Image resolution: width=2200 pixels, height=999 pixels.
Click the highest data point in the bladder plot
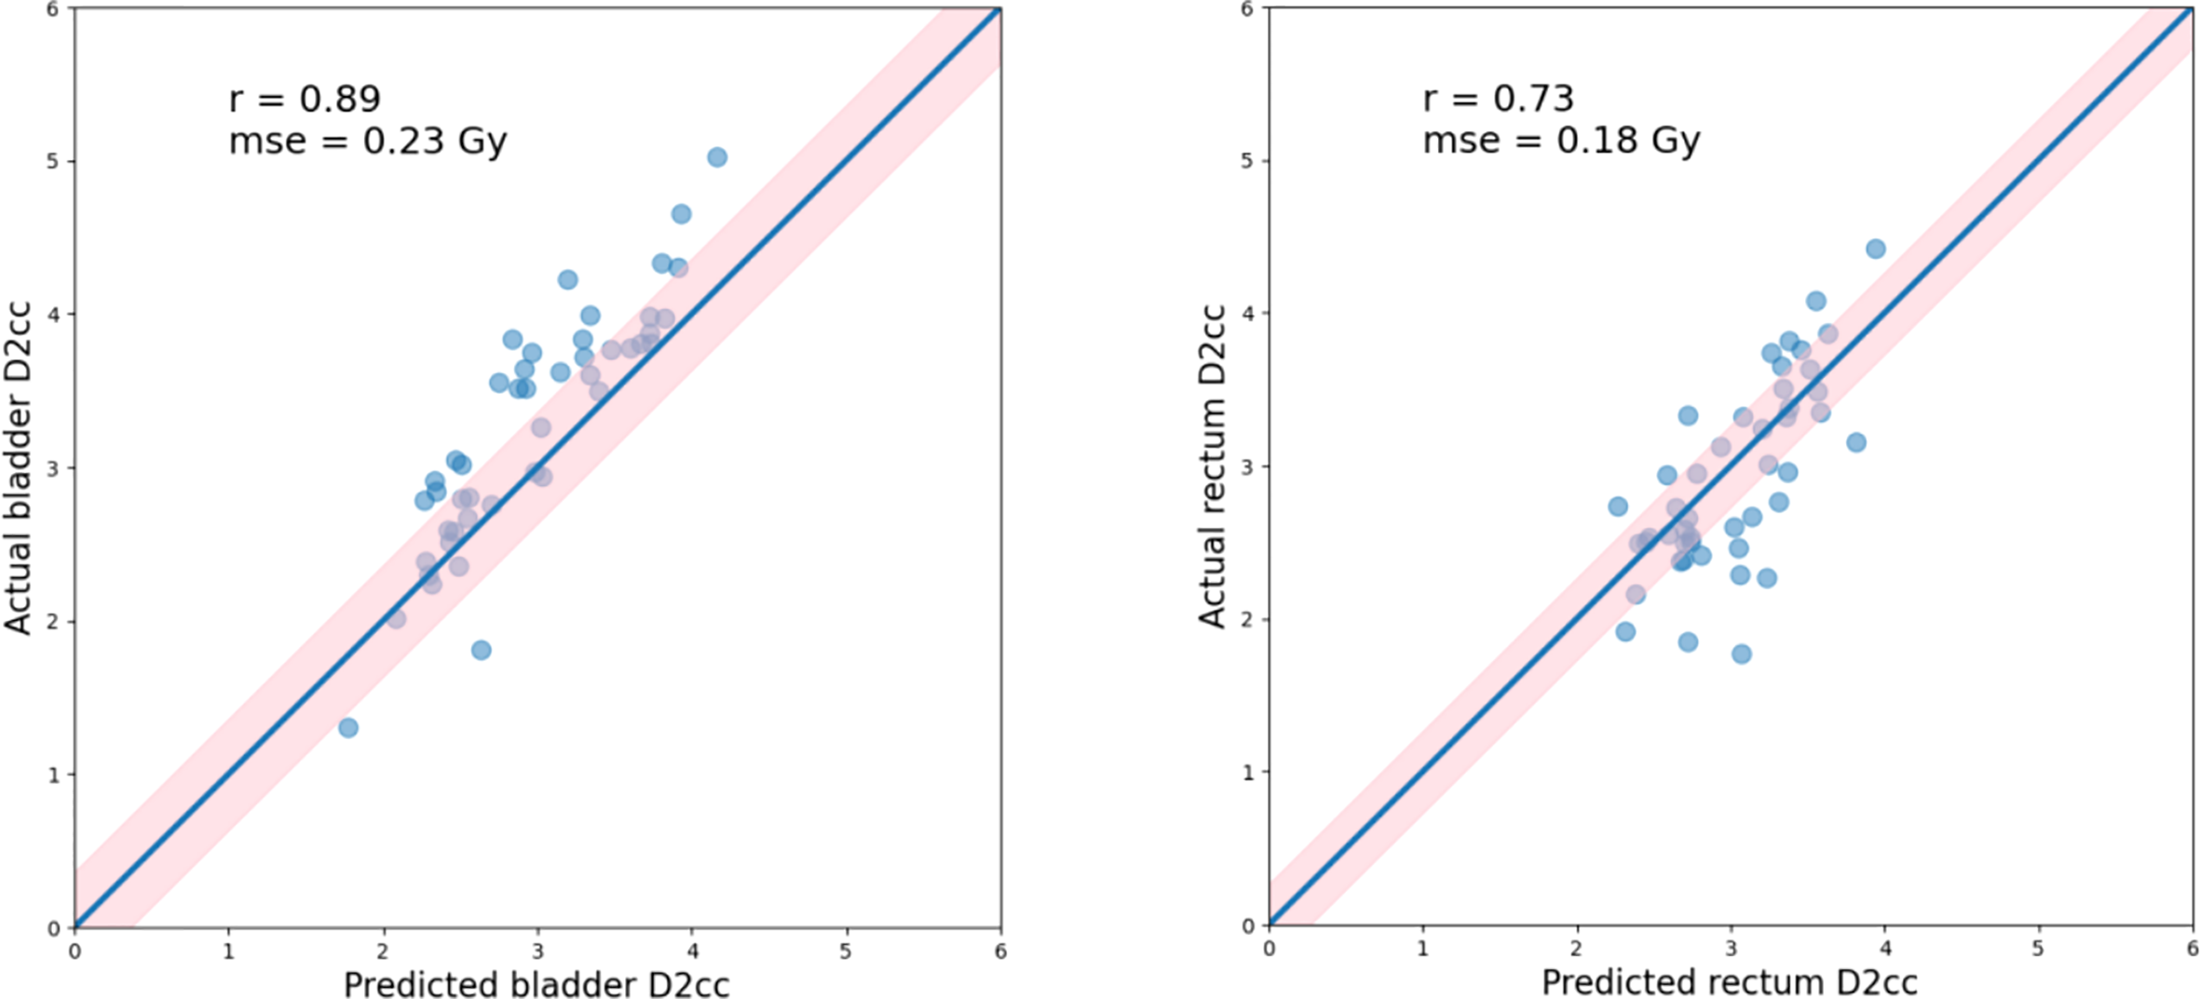(x=716, y=157)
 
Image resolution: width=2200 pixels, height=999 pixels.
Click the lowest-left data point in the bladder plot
(x=348, y=727)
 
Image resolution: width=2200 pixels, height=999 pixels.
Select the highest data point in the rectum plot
(x=1876, y=249)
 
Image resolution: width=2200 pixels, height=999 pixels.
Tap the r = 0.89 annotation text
(x=305, y=99)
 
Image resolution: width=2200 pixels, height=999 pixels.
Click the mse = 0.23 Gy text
(x=368, y=142)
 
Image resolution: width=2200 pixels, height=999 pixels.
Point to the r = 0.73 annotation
(x=1498, y=98)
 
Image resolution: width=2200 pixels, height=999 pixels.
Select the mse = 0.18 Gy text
(x=1561, y=141)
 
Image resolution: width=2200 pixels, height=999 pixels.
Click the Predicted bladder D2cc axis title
(x=536, y=984)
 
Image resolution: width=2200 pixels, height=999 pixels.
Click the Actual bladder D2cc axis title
(x=19, y=467)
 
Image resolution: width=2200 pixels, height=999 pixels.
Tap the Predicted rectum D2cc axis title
(x=1730, y=982)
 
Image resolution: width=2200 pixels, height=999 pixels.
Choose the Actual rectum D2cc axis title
(x=1212, y=466)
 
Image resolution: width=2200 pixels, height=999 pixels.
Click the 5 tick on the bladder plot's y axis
(x=51, y=161)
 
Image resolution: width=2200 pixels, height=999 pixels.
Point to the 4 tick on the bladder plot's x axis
(x=692, y=952)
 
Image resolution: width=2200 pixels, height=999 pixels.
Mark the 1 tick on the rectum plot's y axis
(x=1247, y=773)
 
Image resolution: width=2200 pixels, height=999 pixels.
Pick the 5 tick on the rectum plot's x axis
(x=2038, y=950)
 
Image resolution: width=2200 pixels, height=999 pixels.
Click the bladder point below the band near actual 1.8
(x=481, y=650)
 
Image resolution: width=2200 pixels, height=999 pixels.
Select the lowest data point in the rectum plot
(x=1741, y=655)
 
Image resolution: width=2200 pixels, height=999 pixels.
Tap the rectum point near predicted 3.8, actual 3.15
(x=1856, y=442)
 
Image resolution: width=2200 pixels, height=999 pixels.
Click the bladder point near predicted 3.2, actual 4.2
(x=567, y=279)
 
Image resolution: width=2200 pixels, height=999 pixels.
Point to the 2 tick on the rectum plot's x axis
(x=1576, y=950)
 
